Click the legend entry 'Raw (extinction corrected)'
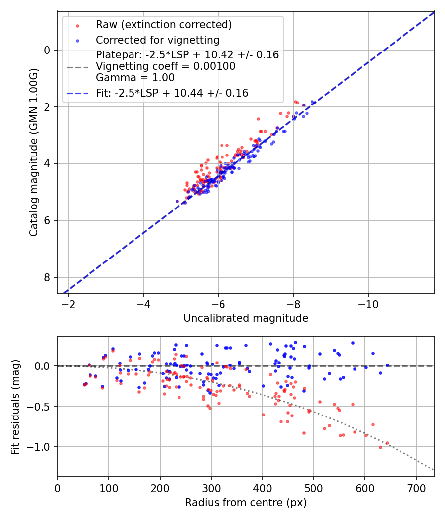coord(164,25)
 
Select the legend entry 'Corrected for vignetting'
coord(157,40)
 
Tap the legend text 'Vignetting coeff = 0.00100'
coord(166,66)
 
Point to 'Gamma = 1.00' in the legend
coord(135,78)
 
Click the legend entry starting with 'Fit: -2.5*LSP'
coord(172,93)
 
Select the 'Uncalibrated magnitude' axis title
coord(246,318)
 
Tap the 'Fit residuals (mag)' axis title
coord(15,407)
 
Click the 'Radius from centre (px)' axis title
coord(246,503)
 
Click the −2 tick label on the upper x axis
coord(68,303)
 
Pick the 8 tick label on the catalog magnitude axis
coord(48,277)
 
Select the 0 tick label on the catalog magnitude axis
coord(48,50)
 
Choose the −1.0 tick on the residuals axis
coord(42,447)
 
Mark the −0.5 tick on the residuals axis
coord(42,407)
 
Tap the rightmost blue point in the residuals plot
coord(387,365)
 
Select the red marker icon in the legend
coord(77,25)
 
